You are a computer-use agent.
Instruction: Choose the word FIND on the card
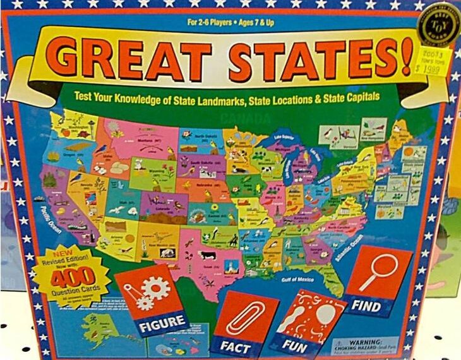point(366,306)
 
